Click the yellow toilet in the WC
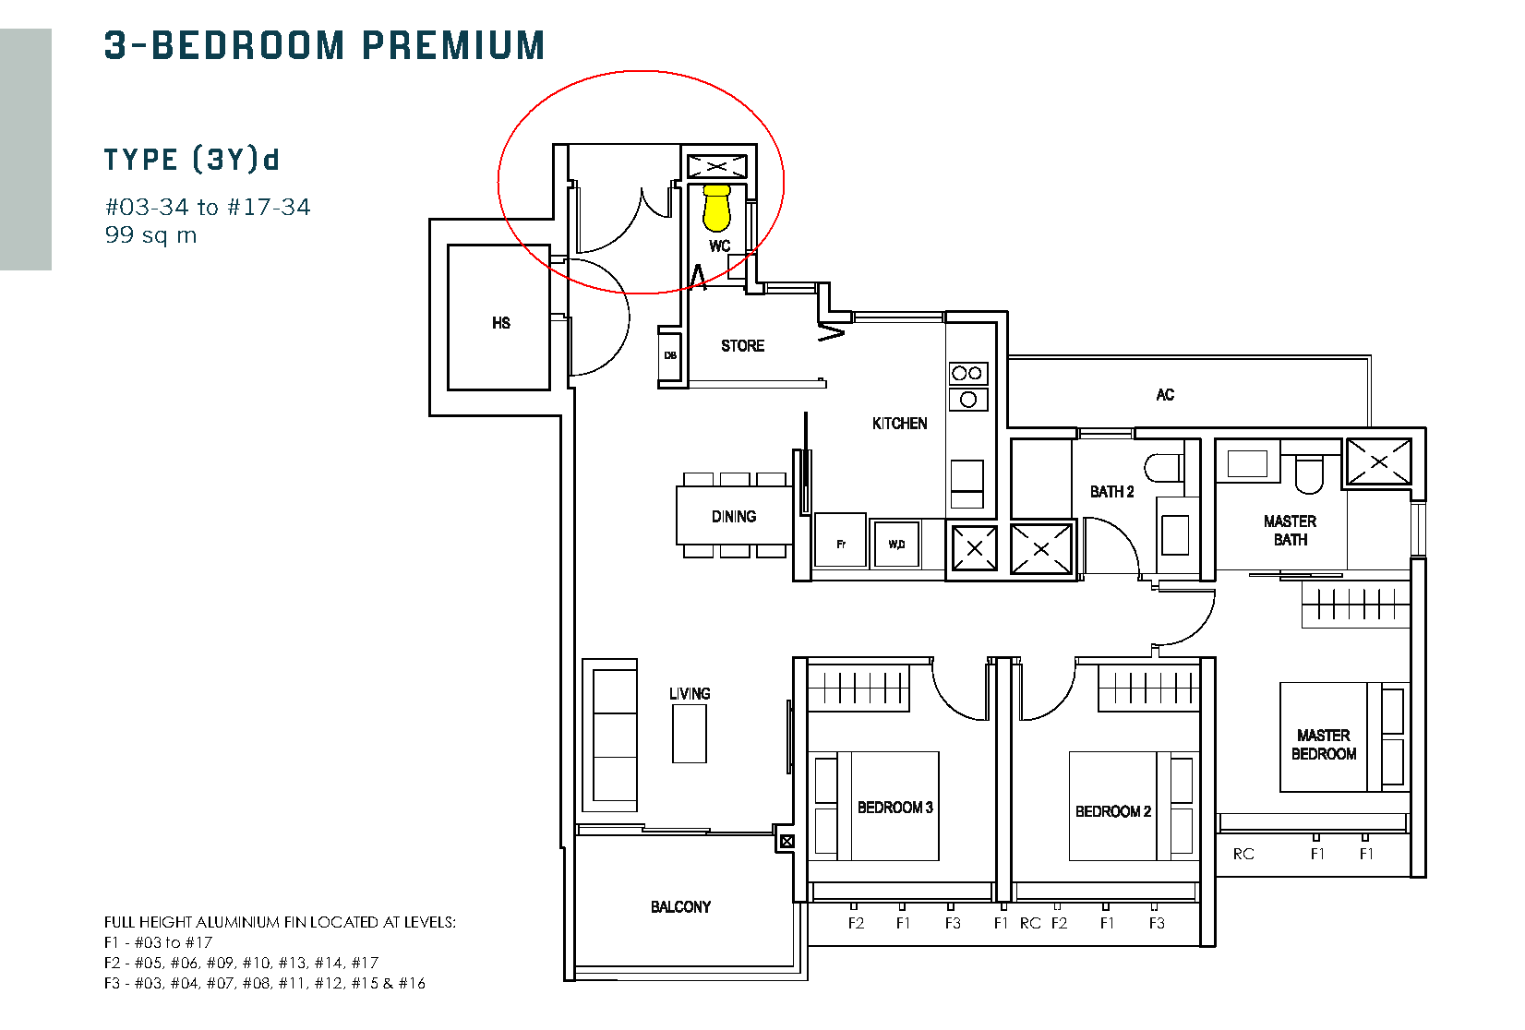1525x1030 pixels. [x=716, y=208]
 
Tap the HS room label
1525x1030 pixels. [x=501, y=323]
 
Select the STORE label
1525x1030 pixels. [x=743, y=346]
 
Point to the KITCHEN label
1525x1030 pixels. [x=899, y=424]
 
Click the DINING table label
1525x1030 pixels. [x=734, y=517]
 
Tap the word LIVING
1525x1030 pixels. [x=690, y=694]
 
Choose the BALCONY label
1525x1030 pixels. [x=681, y=906]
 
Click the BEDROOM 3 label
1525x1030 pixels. [x=895, y=808]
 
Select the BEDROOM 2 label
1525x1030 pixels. [x=1113, y=811]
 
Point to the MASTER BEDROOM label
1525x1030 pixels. [x=1324, y=745]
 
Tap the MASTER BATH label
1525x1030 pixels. [x=1291, y=531]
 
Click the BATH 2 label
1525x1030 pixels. [x=1111, y=492]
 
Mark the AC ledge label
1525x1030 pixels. [x=1165, y=395]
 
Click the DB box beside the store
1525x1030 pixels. [x=670, y=355]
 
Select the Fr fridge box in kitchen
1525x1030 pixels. [x=841, y=541]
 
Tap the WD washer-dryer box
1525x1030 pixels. [x=896, y=544]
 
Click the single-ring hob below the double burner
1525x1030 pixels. [x=968, y=400]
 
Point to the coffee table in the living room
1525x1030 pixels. [x=689, y=734]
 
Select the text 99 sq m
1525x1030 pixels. [x=151, y=235]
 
